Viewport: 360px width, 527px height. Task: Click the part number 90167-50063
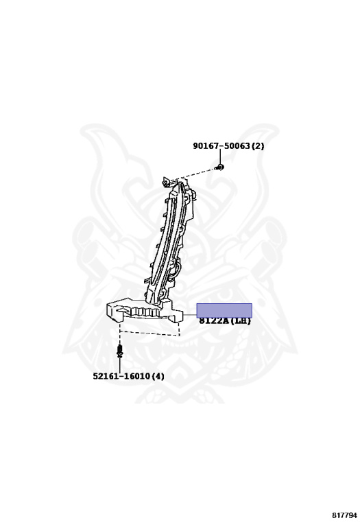(221, 146)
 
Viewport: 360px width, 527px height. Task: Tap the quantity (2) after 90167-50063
(258, 146)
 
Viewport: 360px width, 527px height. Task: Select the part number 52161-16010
(121, 376)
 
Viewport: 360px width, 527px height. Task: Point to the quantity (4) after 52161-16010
(158, 376)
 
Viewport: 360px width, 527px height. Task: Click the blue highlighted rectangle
(224, 310)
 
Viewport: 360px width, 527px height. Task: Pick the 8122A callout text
(214, 321)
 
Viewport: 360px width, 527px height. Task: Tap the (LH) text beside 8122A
(240, 321)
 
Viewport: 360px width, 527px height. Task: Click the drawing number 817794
(344, 515)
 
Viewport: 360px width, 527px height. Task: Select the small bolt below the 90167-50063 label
(220, 167)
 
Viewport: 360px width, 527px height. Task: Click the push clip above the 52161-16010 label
(119, 351)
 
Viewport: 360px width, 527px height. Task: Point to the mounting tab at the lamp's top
(166, 181)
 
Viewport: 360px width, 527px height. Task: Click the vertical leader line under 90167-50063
(220, 156)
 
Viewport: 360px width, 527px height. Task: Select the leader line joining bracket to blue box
(190, 315)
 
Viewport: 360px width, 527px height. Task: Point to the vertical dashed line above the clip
(119, 333)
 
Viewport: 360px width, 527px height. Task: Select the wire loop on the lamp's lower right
(176, 270)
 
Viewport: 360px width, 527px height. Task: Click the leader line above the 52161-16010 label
(119, 364)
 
